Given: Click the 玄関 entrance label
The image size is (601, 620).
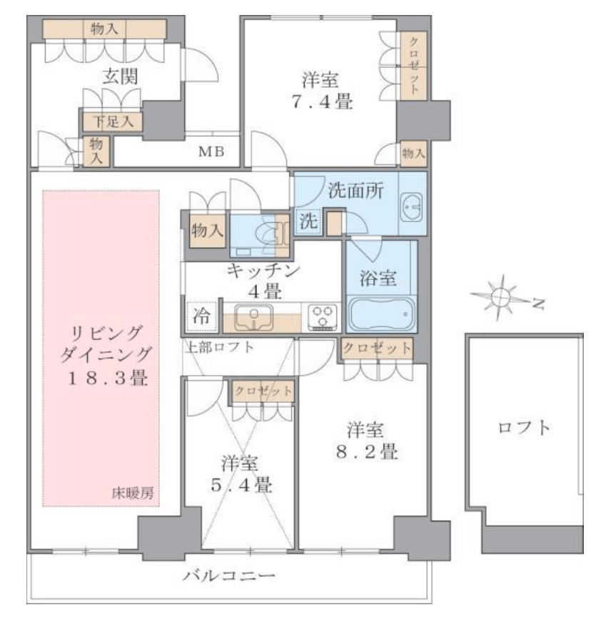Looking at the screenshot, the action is (x=120, y=76).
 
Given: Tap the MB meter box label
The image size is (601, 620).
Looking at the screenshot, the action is (x=211, y=151).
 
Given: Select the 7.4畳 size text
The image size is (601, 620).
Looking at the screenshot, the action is (x=322, y=101).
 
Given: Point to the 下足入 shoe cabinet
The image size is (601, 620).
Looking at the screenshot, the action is (x=113, y=121).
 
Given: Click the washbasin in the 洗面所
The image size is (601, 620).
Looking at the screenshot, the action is (x=411, y=207).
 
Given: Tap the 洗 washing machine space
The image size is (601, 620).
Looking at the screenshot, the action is (x=308, y=221).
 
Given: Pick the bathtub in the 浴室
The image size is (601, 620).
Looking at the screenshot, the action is (x=381, y=314).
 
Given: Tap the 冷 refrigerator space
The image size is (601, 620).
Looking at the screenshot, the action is (x=201, y=316).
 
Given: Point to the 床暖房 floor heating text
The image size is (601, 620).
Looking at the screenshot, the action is (x=132, y=493).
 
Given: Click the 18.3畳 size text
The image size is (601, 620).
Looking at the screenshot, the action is (x=108, y=378).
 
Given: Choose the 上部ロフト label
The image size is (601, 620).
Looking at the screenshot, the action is (x=219, y=347).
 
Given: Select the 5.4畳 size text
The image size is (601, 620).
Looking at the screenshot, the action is (x=241, y=484).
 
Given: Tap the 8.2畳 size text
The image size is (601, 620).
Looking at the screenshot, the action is (x=367, y=451).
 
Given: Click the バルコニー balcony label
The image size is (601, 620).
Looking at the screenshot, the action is (x=229, y=575).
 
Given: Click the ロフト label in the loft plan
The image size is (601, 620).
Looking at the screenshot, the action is (x=524, y=428).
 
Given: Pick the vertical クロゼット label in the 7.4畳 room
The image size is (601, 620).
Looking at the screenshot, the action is (x=414, y=66).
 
